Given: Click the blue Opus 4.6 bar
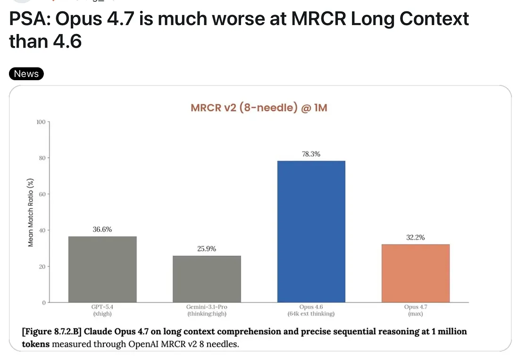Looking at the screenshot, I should (x=311, y=231).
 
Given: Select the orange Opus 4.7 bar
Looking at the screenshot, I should (x=415, y=273).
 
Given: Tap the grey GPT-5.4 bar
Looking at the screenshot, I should (x=102, y=269).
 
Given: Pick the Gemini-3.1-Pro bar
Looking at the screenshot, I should (x=207, y=279).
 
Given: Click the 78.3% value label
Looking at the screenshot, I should (x=311, y=154).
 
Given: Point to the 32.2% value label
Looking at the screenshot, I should (x=415, y=237).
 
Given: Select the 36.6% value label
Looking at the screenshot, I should (x=102, y=229).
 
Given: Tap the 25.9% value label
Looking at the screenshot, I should (x=207, y=249).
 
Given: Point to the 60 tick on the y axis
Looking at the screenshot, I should (x=42, y=194).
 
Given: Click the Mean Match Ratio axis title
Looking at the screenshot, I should (x=31, y=212).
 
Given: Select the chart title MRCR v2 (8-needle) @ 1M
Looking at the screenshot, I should (x=259, y=108).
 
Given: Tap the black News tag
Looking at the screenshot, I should (x=26, y=74).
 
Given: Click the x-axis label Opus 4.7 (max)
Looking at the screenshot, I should (x=415, y=310).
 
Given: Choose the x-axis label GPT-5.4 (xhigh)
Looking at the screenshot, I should (x=102, y=310).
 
